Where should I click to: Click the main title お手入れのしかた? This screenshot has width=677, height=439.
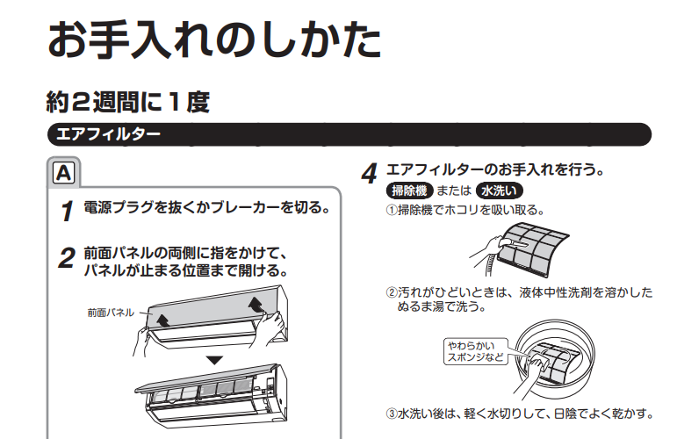point(214,40)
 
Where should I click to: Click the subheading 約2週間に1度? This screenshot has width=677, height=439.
point(128,103)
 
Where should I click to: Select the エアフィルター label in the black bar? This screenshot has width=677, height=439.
point(108,133)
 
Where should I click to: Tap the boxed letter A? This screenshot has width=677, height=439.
point(63,173)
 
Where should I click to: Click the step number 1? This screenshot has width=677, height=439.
point(68,211)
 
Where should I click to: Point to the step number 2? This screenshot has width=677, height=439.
point(67,258)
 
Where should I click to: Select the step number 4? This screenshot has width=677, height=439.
point(369,174)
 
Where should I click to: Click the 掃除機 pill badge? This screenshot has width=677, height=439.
point(409,191)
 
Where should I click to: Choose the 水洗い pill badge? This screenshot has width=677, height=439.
point(499,191)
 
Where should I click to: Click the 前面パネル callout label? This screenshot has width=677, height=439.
point(111,313)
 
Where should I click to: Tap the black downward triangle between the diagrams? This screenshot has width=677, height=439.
point(214,360)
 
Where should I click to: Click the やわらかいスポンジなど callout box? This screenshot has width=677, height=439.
point(476,351)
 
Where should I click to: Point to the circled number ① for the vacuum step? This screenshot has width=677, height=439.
point(391,210)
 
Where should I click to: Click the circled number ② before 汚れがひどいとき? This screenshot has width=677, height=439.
point(391,292)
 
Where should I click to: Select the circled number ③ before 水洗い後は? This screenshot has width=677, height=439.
point(391,414)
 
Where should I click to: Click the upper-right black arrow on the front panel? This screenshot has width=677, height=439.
point(256,304)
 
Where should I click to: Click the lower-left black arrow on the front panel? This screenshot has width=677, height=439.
point(162,320)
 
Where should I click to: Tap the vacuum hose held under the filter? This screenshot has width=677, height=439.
point(490,263)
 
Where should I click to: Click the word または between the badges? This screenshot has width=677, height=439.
point(454,191)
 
